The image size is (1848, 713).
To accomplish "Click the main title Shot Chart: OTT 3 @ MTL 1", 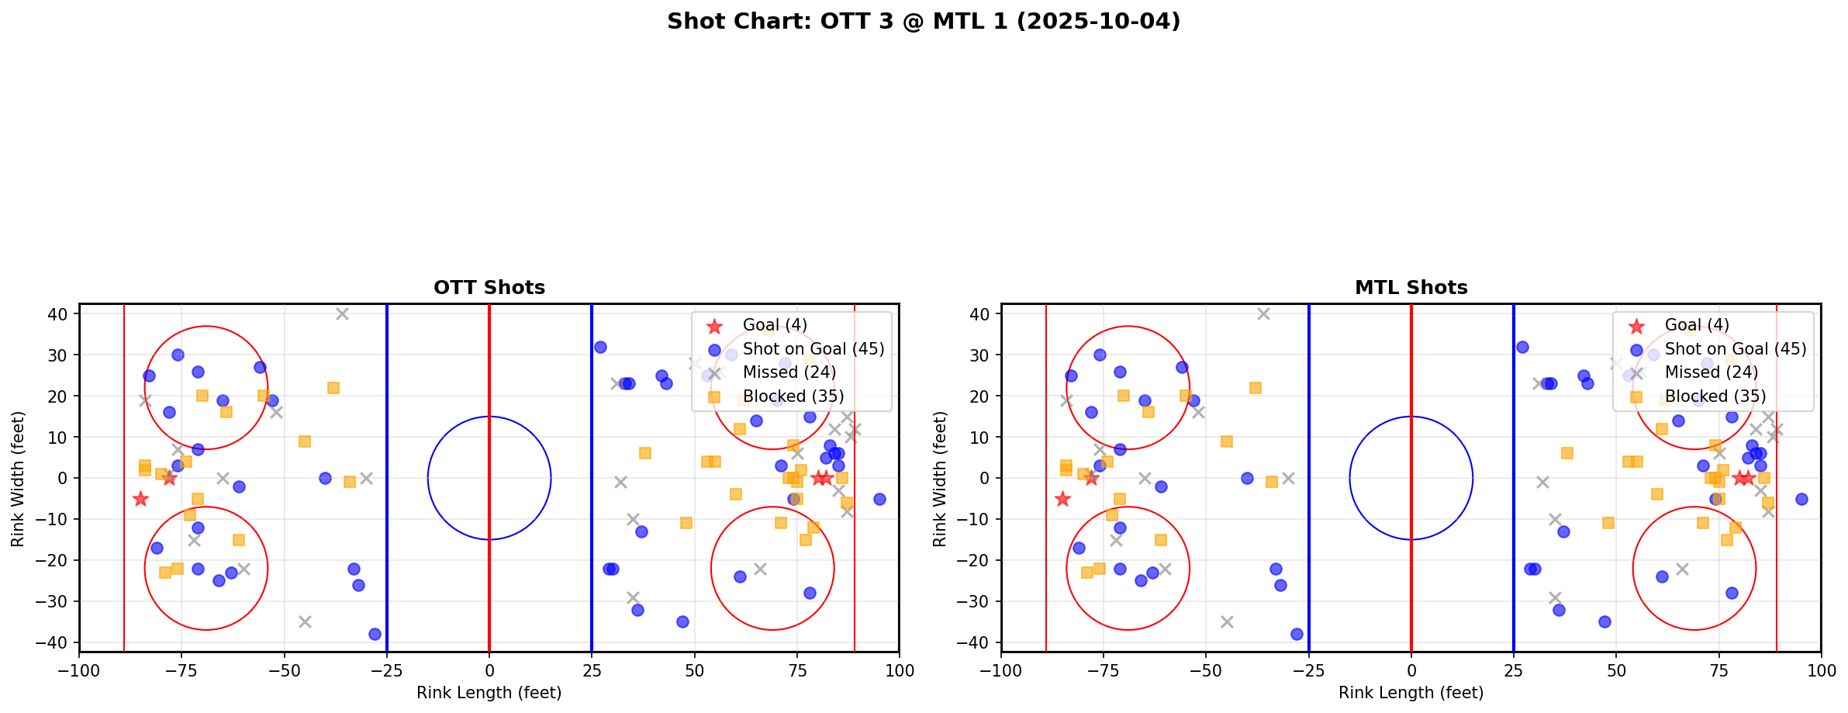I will pyautogui.click(x=924, y=22).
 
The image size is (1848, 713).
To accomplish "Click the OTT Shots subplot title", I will pyautogui.click(x=489, y=288).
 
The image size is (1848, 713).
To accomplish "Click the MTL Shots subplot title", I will pyautogui.click(x=1411, y=288).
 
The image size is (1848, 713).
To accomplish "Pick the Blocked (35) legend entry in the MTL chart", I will pyautogui.click(x=1715, y=396).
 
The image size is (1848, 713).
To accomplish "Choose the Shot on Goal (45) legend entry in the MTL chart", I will pyautogui.click(x=1735, y=349).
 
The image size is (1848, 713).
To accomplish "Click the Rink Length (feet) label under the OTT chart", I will pyautogui.click(x=489, y=693).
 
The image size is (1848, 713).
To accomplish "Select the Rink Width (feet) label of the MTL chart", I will pyautogui.click(x=940, y=479).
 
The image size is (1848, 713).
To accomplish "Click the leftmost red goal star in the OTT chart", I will pyautogui.click(x=140, y=499).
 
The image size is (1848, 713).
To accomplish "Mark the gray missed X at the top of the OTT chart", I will pyautogui.click(x=342, y=314).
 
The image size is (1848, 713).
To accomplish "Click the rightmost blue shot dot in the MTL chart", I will pyautogui.click(x=1801, y=499).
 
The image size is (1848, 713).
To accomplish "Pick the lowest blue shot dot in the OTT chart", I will pyautogui.click(x=375, y=634).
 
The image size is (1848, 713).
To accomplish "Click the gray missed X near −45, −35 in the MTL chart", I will pyautogui.click(x=1227, y=621).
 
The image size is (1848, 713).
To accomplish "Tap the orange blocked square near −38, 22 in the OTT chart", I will pyautogui.click(x=333, y=388).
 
